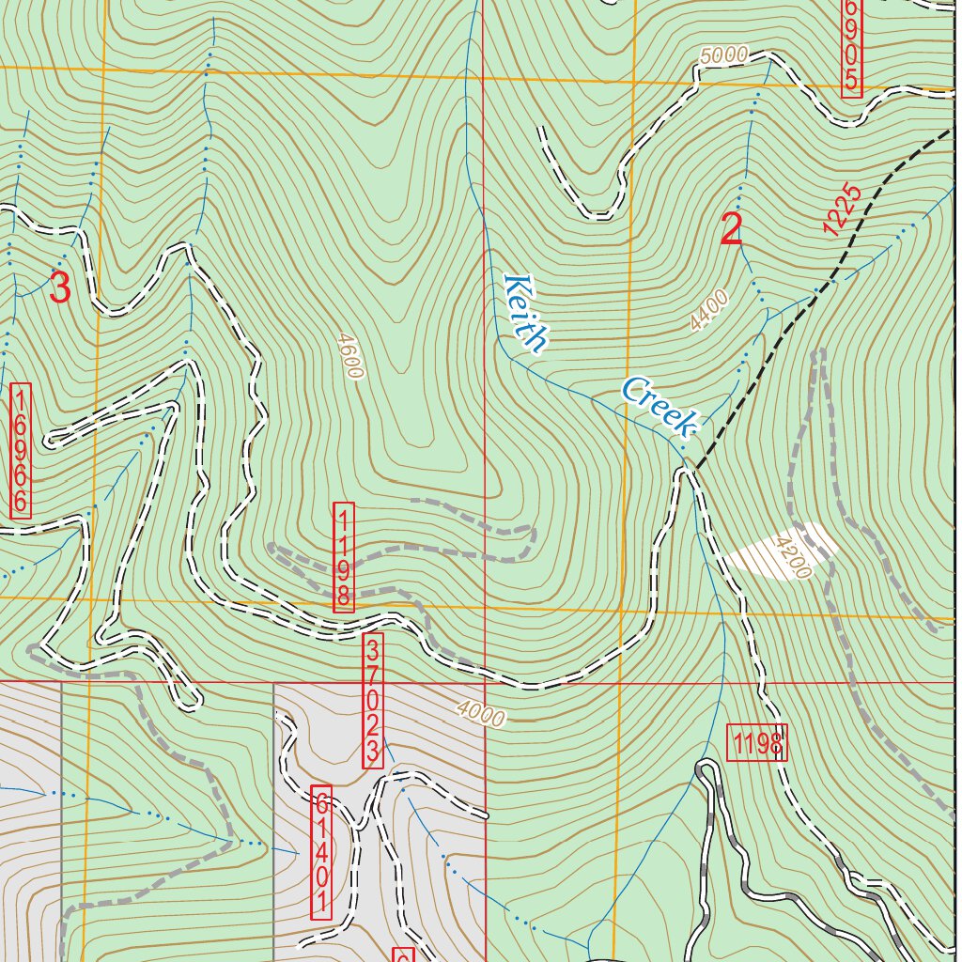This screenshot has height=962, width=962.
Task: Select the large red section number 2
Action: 732,231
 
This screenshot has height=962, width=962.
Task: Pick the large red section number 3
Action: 59,288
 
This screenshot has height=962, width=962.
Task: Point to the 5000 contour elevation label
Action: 723,54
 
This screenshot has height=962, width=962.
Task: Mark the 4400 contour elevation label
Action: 708,311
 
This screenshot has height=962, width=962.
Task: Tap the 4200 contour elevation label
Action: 791,556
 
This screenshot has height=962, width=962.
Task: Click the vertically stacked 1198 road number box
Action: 344,557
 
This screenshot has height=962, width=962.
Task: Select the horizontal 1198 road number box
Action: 756,743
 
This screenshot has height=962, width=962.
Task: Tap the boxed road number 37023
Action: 372,701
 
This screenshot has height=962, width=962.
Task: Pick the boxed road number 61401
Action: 321,853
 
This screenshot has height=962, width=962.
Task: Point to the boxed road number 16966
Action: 21,450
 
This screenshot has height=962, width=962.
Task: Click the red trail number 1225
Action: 841,209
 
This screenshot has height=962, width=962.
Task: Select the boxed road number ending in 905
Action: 851,47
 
